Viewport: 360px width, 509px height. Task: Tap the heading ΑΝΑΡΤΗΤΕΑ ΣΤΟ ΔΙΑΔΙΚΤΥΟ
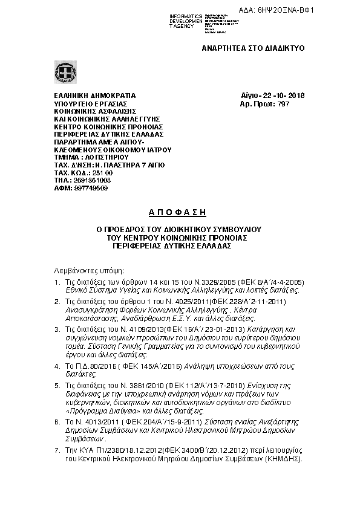(x=253, y=48)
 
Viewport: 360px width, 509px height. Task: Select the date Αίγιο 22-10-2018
(x=272, y=96)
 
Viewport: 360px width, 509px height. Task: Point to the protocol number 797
(x=283, y=104)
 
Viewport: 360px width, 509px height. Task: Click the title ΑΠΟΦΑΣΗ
(x=178, y=212)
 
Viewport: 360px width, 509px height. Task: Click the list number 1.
(x=56, y=282)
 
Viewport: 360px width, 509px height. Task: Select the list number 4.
(x=56, y=366)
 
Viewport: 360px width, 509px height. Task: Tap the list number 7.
(x=56, y=450)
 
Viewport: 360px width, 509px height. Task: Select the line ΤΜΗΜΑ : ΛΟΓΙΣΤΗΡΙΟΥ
(x=91, y=157)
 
